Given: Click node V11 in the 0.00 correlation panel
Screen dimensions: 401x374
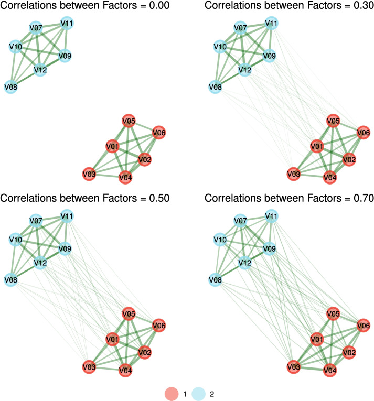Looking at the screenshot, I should [x=67, y=23].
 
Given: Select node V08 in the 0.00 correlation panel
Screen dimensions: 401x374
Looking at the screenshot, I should [x=10, y=86].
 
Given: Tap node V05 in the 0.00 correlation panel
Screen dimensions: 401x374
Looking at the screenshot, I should [x=129, y=122].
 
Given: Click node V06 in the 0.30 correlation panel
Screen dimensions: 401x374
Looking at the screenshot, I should [x=363, y=133].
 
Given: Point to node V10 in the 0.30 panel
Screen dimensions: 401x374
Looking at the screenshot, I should [x=219, y=47].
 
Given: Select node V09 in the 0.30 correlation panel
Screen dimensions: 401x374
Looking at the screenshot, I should [x=269, y=55].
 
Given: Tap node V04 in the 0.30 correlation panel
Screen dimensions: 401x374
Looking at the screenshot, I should [x=329, y=178].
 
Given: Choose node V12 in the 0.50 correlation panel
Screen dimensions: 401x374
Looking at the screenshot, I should [x=40, y=263].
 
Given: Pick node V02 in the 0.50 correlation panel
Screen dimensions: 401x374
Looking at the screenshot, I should [x=145, y=352].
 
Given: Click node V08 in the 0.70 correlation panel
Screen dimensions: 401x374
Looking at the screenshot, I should [x=215, y=280].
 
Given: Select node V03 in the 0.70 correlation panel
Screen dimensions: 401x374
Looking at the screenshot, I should [x=294, y=367].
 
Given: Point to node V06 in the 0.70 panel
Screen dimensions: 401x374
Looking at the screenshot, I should [x=363, y=326].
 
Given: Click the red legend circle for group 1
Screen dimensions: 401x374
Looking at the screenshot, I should [x=172, y=392].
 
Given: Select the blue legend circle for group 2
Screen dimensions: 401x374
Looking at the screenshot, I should [x=198, y=392].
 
